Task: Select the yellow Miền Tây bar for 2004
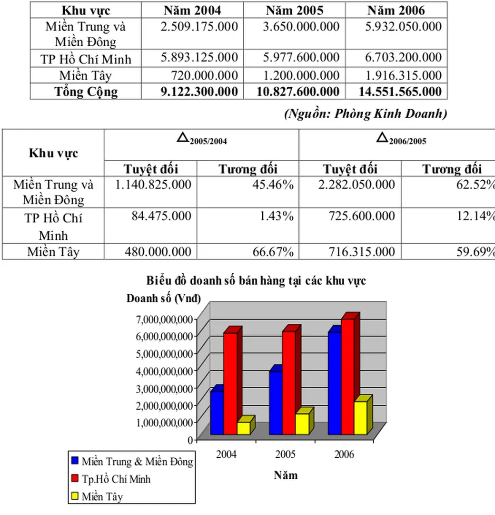pyautogui.click(x=243, y=428)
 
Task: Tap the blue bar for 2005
pyautogui.click(x=276, y=403)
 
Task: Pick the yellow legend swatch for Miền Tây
pyautogui.click(x=75, y=496)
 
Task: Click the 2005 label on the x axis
pyautogui.click(x=285, y=454)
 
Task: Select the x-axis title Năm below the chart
pyautogui.click(x=286, y=475)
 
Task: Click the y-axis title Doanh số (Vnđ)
pyautogui.click(x=163, y=299)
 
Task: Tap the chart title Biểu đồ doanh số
pyautogui.click(x=256, y=281)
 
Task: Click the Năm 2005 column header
pyautogui.click(x=294, y=10)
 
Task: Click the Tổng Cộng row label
pyautogui.click(x=86, y=92)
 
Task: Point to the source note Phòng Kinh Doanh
pyautogui.click(x=365, y=114)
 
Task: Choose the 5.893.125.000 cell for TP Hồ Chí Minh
pyautogui.click(x=199, y=58)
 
